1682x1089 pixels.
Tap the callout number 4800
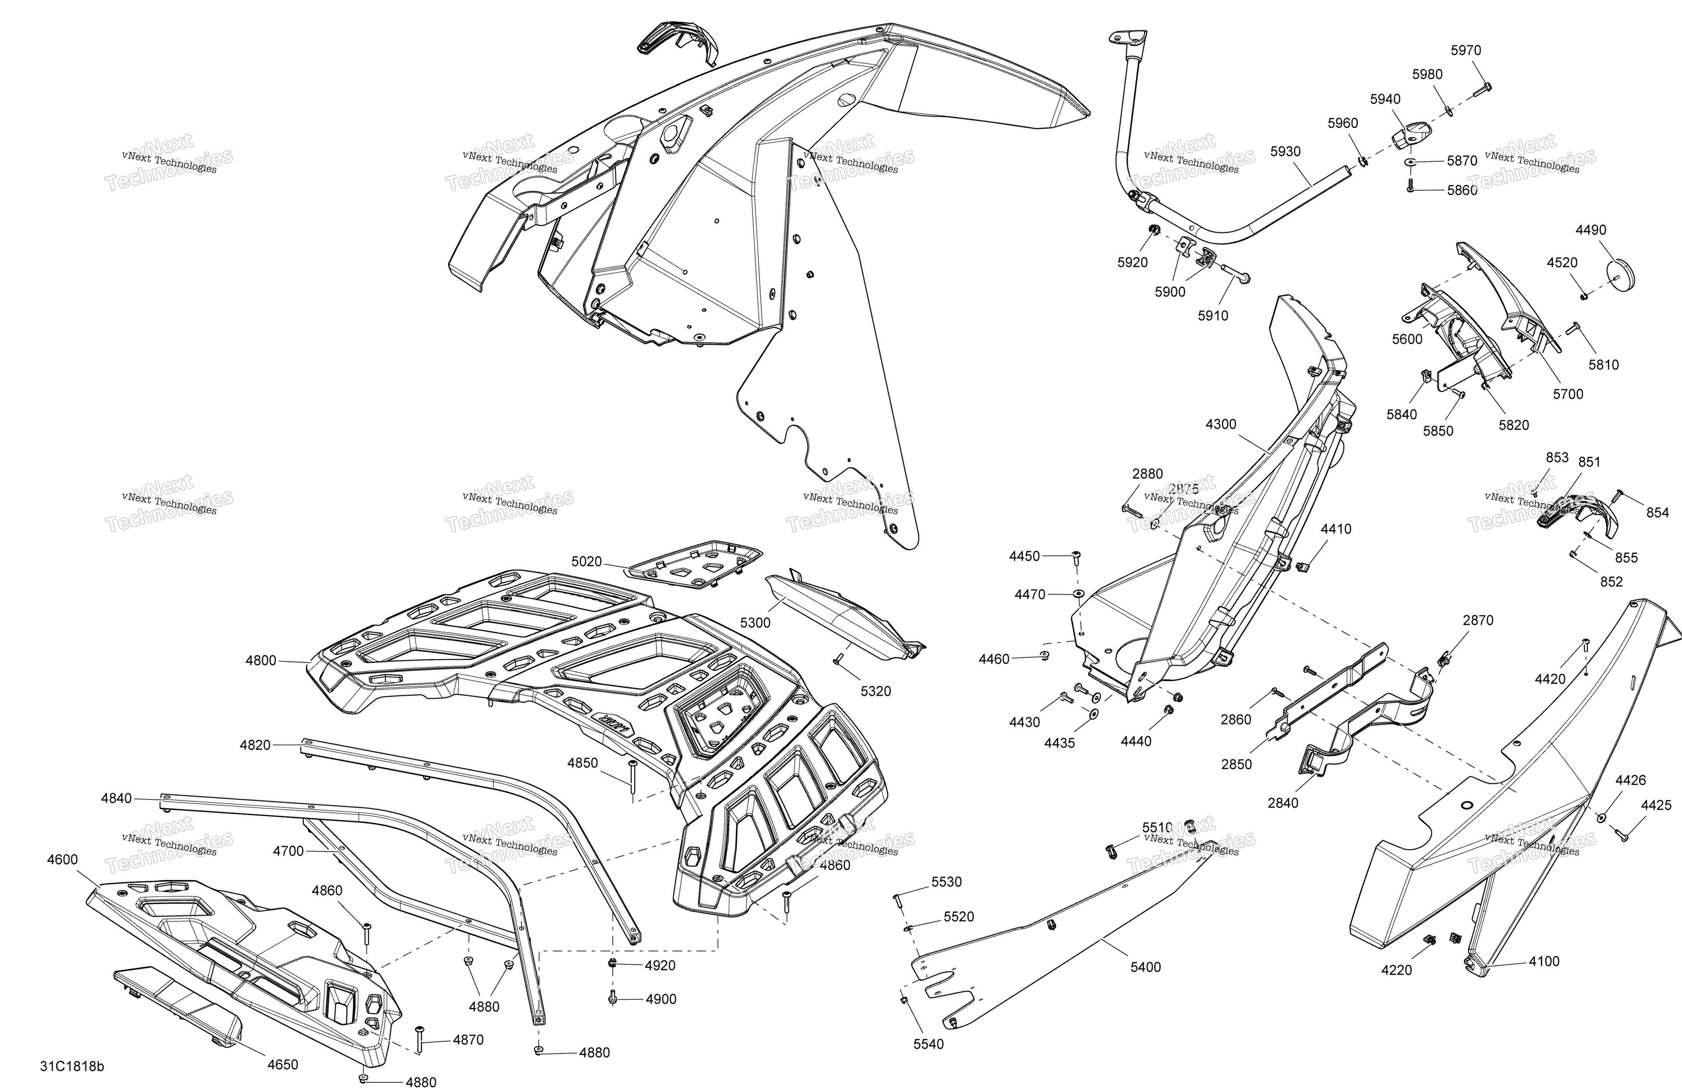[x=261, y=661]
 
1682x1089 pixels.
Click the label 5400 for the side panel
[x=1146, y=967]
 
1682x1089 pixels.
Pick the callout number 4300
[x=1221, y=424]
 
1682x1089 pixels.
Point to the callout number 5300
[x=756, y=622]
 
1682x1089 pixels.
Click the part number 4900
[x=661, y=999]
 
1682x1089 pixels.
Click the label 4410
[x=1336, y=529]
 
